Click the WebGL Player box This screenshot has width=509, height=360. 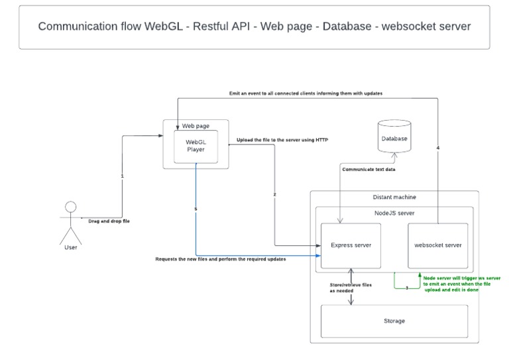pyautogui.click(x=195, y=146)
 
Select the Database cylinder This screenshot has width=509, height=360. pyautogui.click(x=394, y=139)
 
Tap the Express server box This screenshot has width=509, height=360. pyautogui.click(x=351, y=245)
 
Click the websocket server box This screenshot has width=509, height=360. pyautogui.click(x=437, y=245)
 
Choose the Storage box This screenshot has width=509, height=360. pyautogui.click(x=394, y=321)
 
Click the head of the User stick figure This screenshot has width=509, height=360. pyautogui.click(x=71, y=206)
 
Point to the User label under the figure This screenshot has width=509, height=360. pyautogui.click(x=71, y=248)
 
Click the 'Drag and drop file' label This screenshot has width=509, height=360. pyautogui.click(x=109, y=221)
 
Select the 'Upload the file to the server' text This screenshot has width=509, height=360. pyautogui.click(x=282, y=141)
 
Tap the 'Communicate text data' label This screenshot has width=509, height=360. pyautogui.click(x=370, y=169)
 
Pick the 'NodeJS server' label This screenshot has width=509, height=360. pyautogui.click(x=394, y=213)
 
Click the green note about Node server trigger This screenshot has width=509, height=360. pyautogui.click(x=461, y=284)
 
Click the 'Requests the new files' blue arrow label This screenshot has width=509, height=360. pyautogui.click(x=220, y=259)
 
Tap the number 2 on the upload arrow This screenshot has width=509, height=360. pyautogui.click(x=274, y=194)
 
